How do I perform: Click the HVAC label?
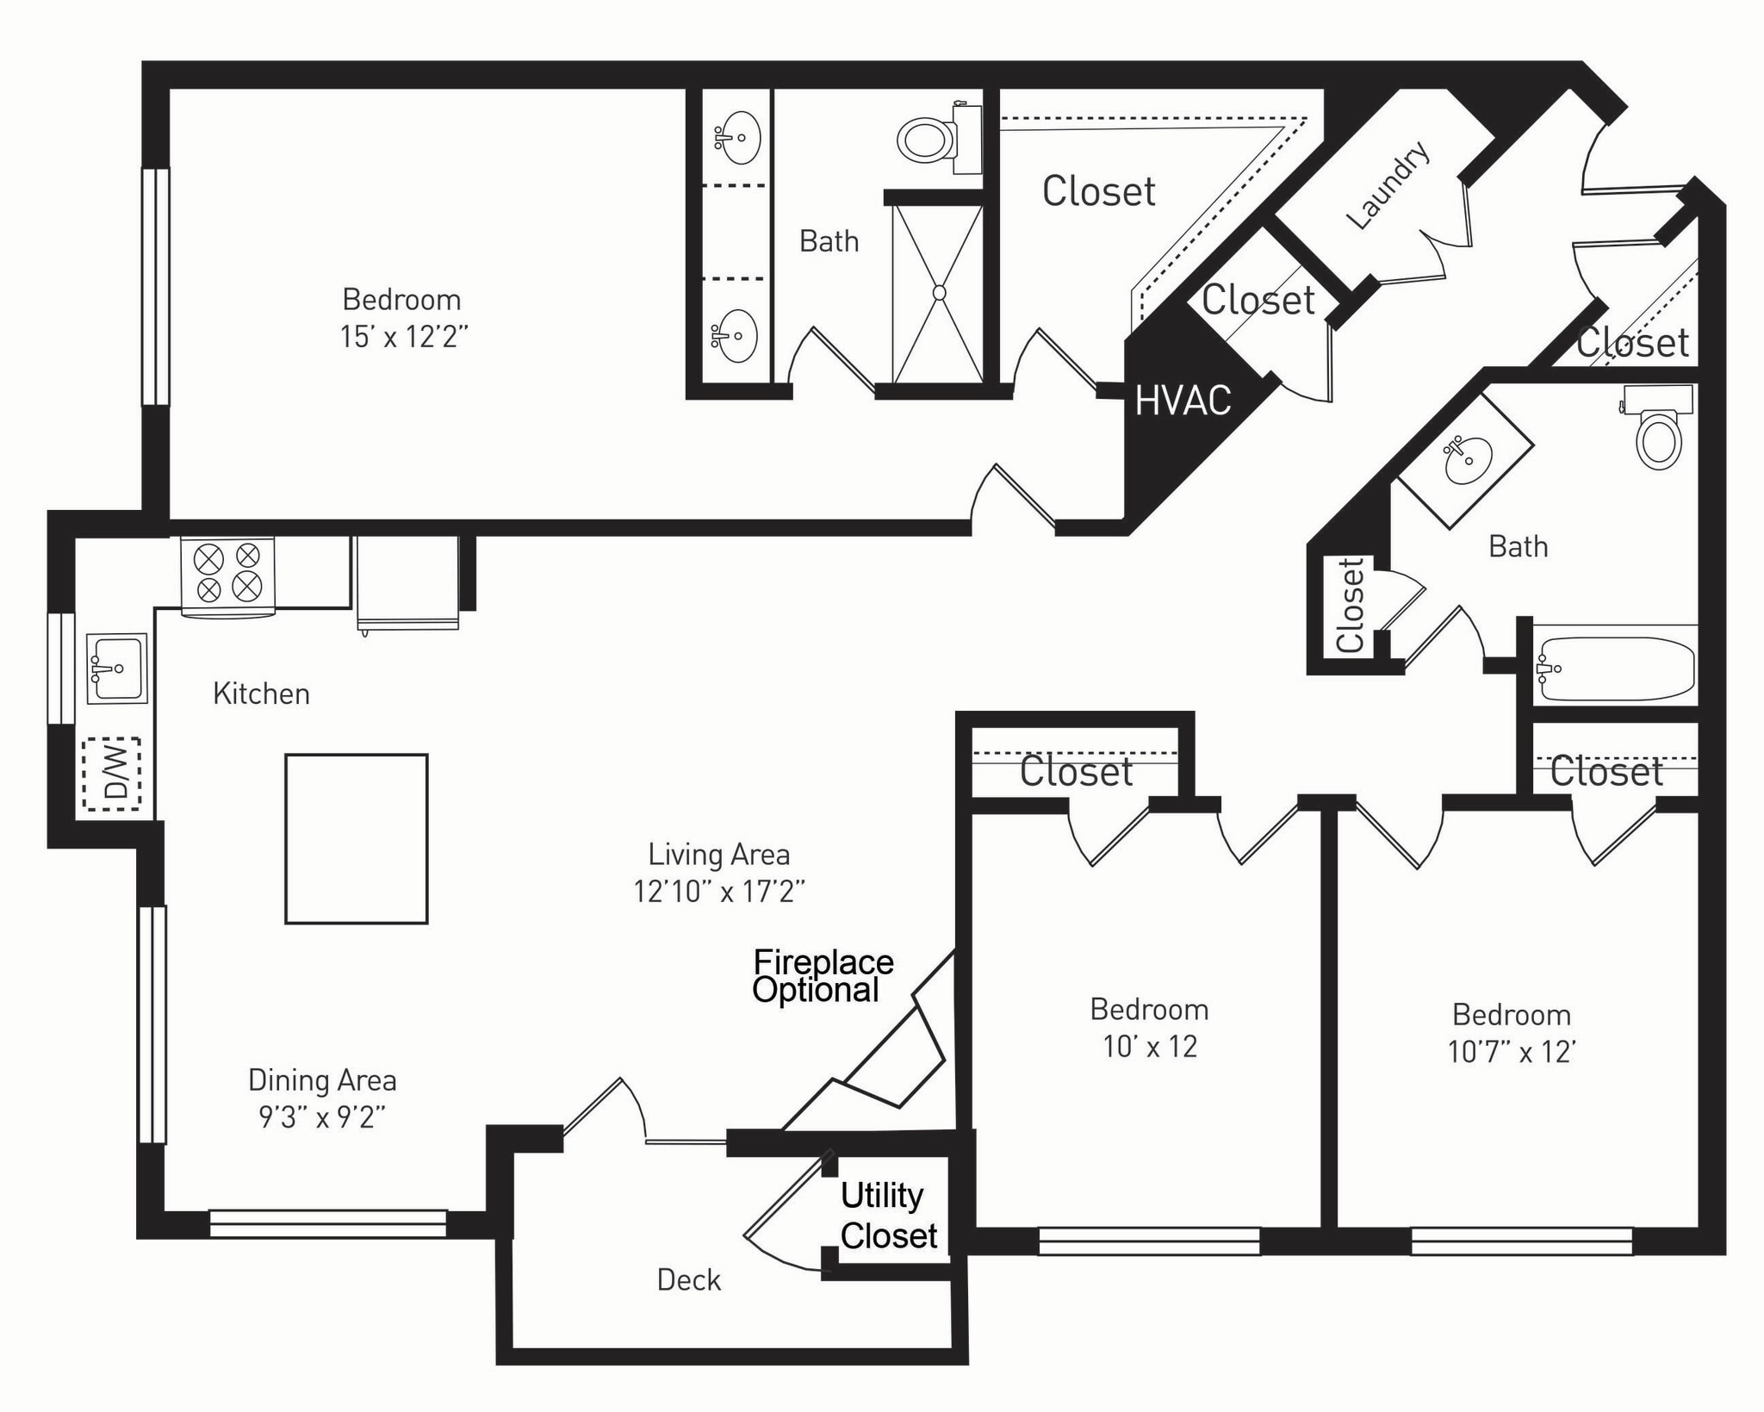pos(1183,401)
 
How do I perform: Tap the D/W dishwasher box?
pos(111,774)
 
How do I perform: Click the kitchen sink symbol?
pos(117,668)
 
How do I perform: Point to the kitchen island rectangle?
pos(357,839)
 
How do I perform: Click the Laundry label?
pos(1388,184)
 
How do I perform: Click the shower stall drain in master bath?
pos(939,293)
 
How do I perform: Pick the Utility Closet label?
pos(888,1216)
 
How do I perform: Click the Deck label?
pos(688,1280)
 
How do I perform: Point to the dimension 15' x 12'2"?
pos(403,337)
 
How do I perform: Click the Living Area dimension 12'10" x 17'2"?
pos(719,891)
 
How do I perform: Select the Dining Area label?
pos(322,1080)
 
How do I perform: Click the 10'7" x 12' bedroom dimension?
pos(1511,1052)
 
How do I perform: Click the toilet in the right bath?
pos(1658,435)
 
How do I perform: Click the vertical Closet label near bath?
pos(1351,605)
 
